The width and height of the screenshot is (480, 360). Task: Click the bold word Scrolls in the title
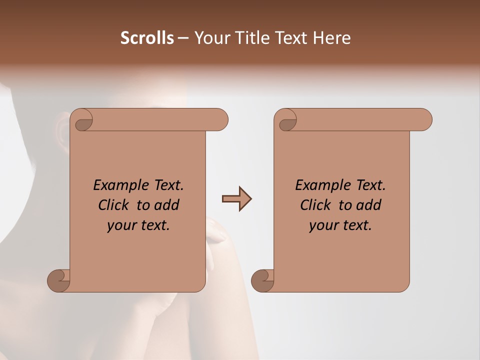pyautogui.click(x=147, y=38)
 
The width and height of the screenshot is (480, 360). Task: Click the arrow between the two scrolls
pyautogui.click(x=236, y=199)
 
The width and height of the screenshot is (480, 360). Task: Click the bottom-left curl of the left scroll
pyautogui.click(x=58, y=280)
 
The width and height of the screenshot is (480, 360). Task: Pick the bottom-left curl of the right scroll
pyautogui.click(x=262, y=280)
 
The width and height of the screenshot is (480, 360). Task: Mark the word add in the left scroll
pyautogui.click(x=167, y=205)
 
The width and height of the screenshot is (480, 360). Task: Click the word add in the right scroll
pyautogui.click(x=369, y=205)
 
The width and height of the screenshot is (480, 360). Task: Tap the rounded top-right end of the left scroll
pyautogui.click(x=220, y=119)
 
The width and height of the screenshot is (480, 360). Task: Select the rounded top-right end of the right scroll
pyautogui.click(x=424, y=119)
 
